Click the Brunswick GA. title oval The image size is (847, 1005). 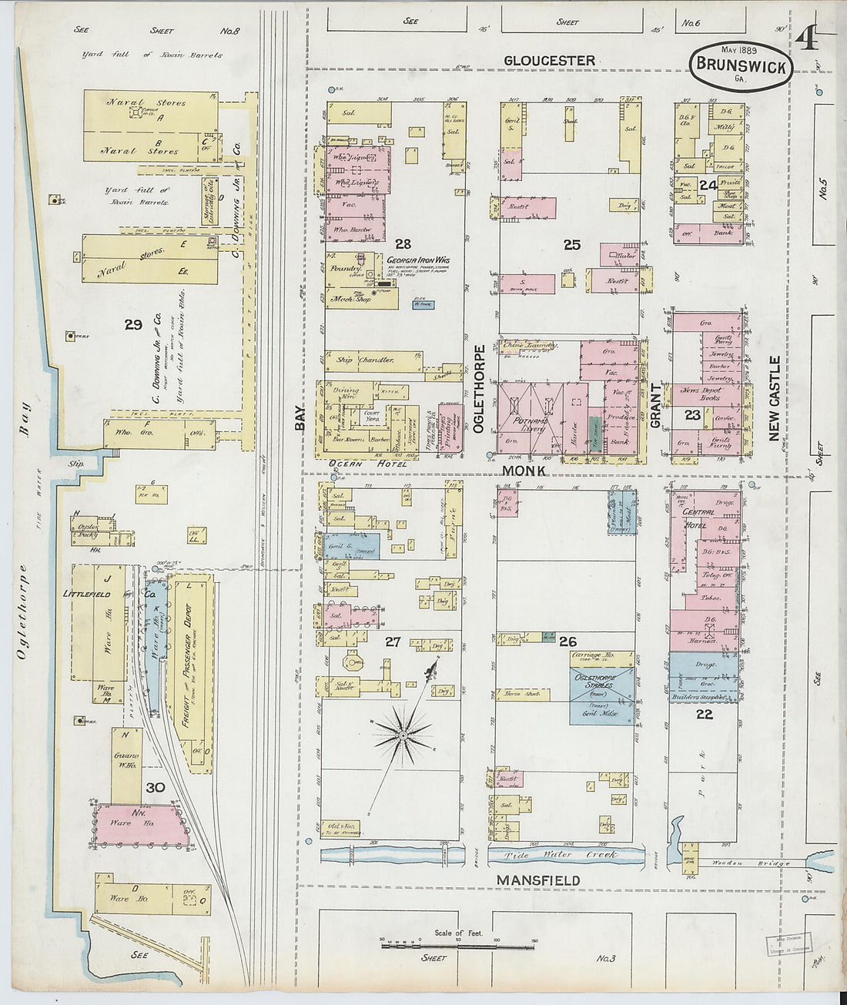tap(741, 66)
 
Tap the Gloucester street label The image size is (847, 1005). tap(549, 61)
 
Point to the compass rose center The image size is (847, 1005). tap(403, 737)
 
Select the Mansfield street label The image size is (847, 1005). tap(538, 880)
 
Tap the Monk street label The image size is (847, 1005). tap(524, 470)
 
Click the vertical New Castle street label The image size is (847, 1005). tap(775, 398)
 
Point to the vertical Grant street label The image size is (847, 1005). tap(656, 405)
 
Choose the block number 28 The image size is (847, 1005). tap(403, 244)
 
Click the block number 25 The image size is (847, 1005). tap(571, 245)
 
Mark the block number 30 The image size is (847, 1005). tap(155, 788)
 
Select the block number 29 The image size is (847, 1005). tap(133, 324)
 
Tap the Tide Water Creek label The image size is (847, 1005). tap(560, 856)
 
